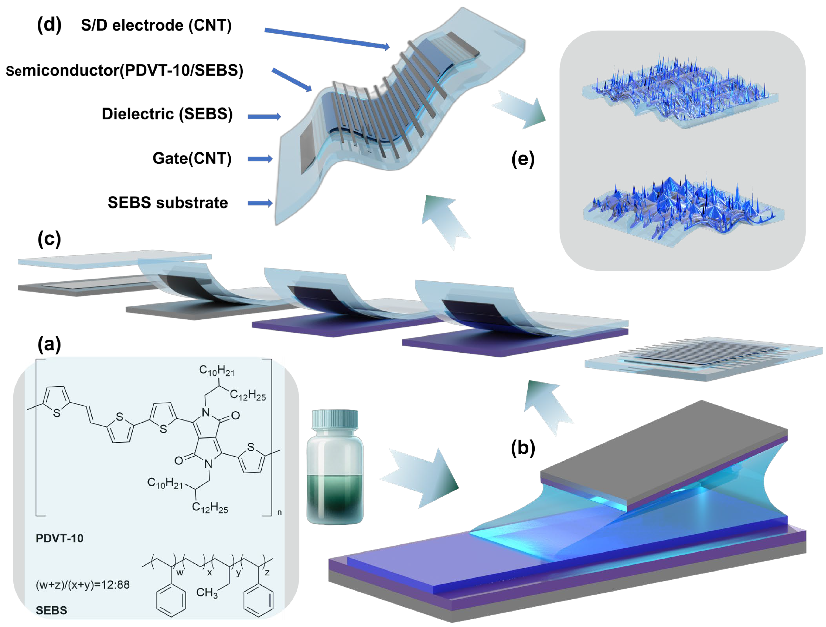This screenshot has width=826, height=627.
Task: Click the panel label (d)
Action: (49, 25)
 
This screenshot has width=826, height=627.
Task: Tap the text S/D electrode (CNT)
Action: (156, 25)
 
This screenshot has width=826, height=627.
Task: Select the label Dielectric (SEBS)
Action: (167, 114)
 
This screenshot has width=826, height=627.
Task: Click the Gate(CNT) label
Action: (192, 158)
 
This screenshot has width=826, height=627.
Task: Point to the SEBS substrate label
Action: (168, 203)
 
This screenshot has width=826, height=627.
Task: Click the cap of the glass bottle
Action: (335, 419)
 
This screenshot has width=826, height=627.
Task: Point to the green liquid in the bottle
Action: (335, 496)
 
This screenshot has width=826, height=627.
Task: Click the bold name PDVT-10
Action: (59, 538)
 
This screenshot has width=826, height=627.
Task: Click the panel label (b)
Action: (523, 448)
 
